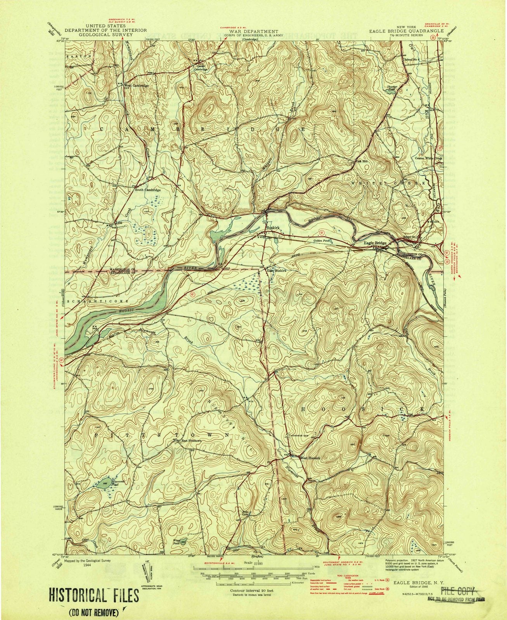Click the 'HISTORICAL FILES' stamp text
point(93,584)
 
